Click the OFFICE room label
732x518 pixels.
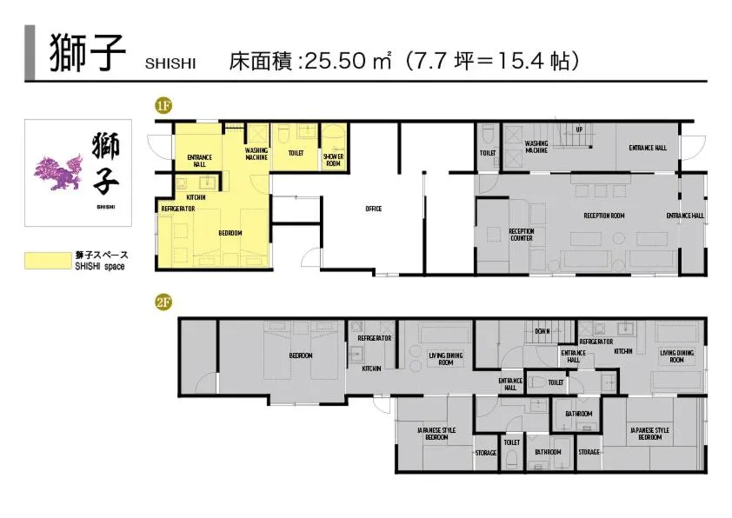pyautogui.click(x=374, y=209)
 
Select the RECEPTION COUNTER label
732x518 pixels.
pyautogui.click(x=521, y=235)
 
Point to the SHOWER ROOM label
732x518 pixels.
pyautogui.click(x=334, y=159)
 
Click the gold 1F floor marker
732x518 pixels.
pyautogui.click(x=163, y=106)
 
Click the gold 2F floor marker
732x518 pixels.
pyautogui.click(x=163, y=302)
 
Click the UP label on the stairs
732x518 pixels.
pyautogui.click(x=579, y=130)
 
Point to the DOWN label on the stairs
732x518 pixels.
pyautogui.click(x=542, y=331)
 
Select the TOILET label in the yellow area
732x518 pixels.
pyautogui.click(x=296, y=152)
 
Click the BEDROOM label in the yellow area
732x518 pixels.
pyautogui.click(x=230, y=233)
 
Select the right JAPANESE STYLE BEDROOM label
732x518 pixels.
pyautogui.click(x=649, y=434)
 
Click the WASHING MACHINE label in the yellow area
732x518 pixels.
pyautogui.click(x=256, y=153)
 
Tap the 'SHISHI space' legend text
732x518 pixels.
pyautogui.click(x=99, y=267)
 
